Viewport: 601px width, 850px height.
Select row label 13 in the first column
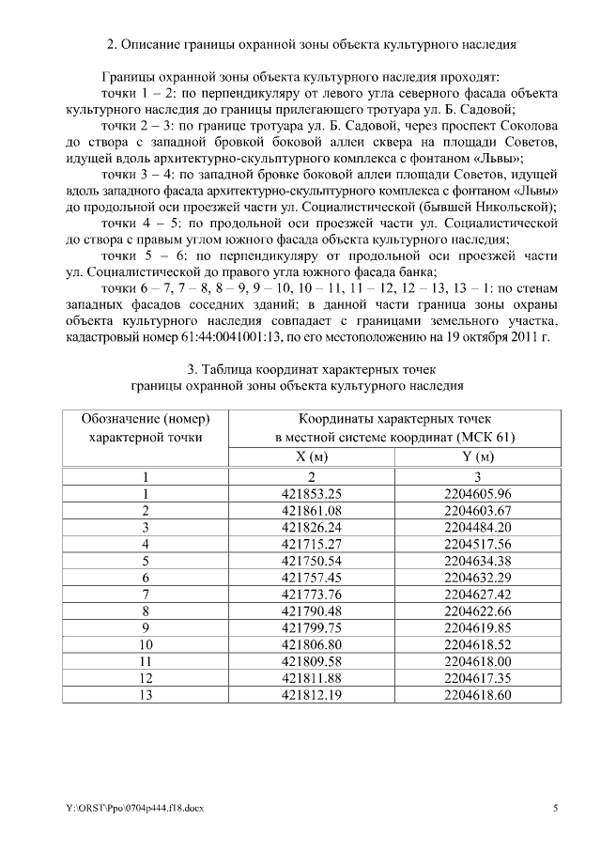click(x=146, y=695)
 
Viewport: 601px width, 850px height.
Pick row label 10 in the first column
click(x=146, y=644)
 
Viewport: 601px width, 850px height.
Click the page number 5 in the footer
click(x=555, y=808)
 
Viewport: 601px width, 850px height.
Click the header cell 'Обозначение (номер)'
click(x=145, y=419)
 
